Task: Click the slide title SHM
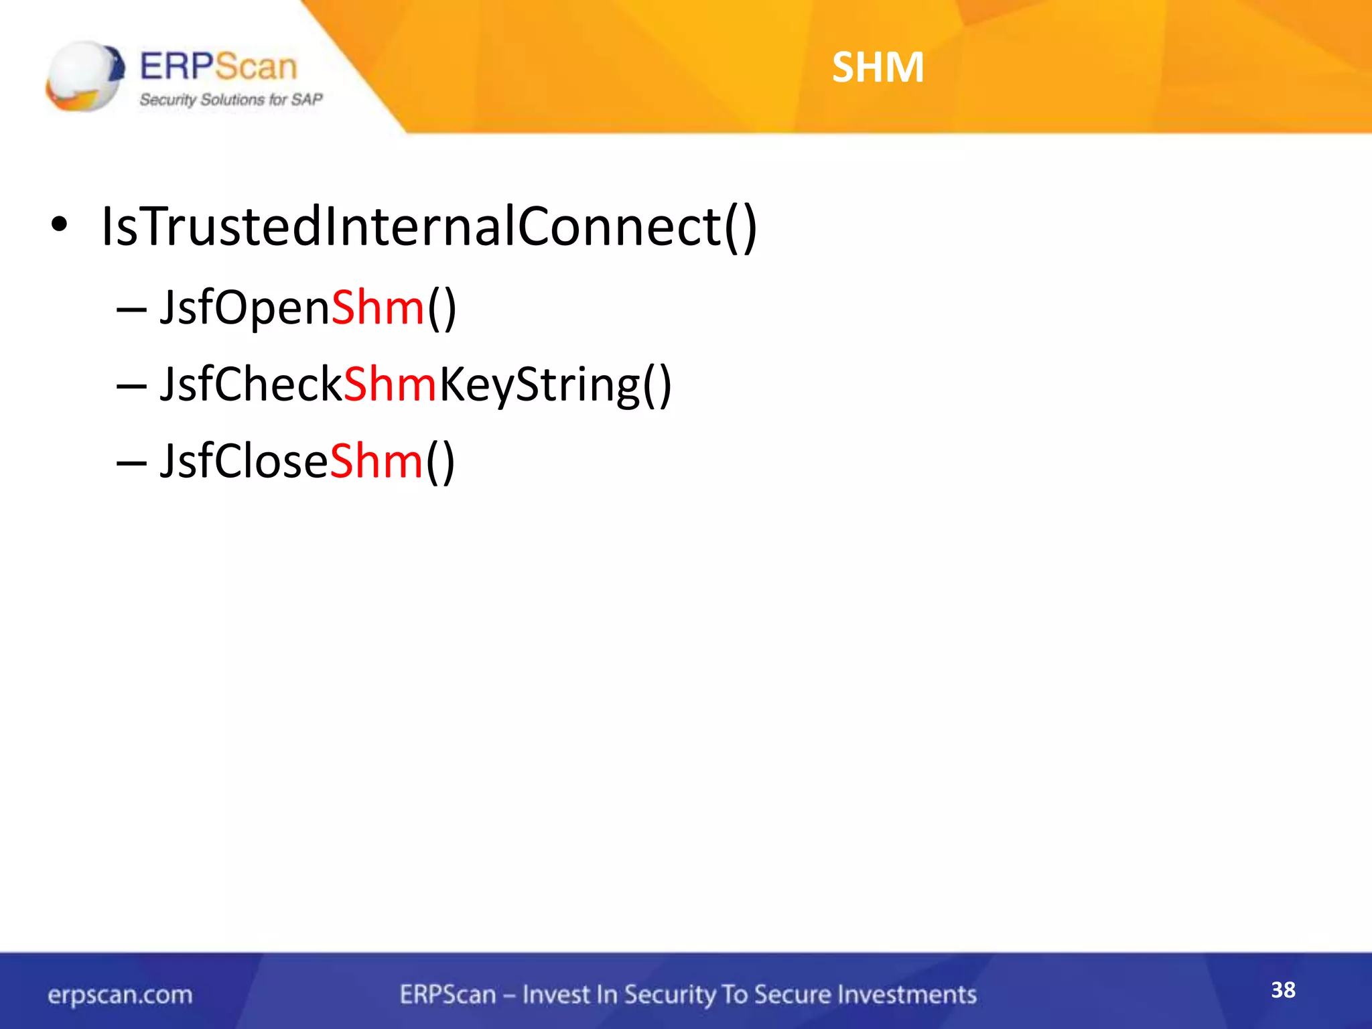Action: [x=878, y=67]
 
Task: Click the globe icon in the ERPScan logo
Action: [x=84, y=75]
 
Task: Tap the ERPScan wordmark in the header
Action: [x=218, y=66]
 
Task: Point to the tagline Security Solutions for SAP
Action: [x=230, y=100]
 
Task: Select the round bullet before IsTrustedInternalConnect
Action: [x=59, y=225]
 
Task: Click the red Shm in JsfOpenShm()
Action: [x=378, y=308]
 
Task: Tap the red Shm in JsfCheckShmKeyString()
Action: [x=390, y=385]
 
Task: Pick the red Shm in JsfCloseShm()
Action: [x=376, y=462]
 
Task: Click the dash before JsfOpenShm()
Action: [x=131, y=311]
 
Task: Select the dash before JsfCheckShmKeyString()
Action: [x=131, y=387]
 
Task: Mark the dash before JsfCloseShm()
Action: [x=131, y=464]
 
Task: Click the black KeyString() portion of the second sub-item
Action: [x=555, y=386]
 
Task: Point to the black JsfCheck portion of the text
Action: [x=251, y=385]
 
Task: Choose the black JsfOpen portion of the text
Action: [x=245, y=308]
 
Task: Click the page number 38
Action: [x=1283, y=989]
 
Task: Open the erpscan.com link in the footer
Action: [x=120, y=995]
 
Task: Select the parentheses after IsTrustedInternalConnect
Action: [x=740, y=228]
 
